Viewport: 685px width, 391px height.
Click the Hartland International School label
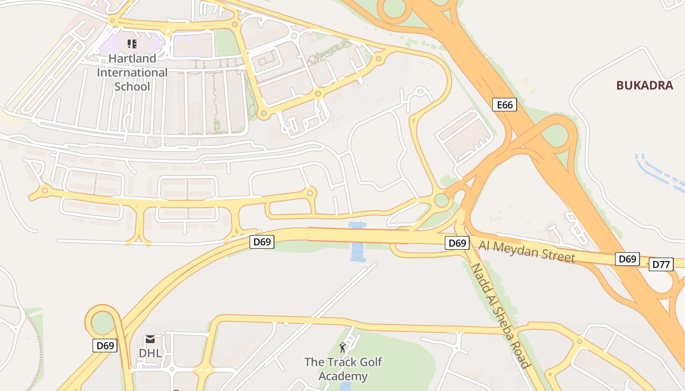(132, 72)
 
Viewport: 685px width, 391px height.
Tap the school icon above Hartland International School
(132, 44)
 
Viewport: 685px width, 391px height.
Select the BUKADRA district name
(644, 85)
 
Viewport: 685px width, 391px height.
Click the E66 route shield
(504, 105)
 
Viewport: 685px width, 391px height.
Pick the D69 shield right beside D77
(627, 259)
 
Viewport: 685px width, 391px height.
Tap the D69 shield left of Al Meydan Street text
(457, 243)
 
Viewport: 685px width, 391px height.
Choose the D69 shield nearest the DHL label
(105, 346)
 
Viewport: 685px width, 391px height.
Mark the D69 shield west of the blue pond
(262, 241)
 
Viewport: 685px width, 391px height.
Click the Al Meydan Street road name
(527, 251)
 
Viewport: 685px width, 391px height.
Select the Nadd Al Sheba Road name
(500, 315)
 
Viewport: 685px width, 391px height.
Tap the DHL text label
(150, 353)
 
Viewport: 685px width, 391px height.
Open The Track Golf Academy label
(343, 369)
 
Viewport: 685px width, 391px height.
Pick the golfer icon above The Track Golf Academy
(342, 348)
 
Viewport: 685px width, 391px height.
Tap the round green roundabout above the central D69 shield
(441, 200)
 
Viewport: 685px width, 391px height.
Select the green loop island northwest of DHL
(102, 323)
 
